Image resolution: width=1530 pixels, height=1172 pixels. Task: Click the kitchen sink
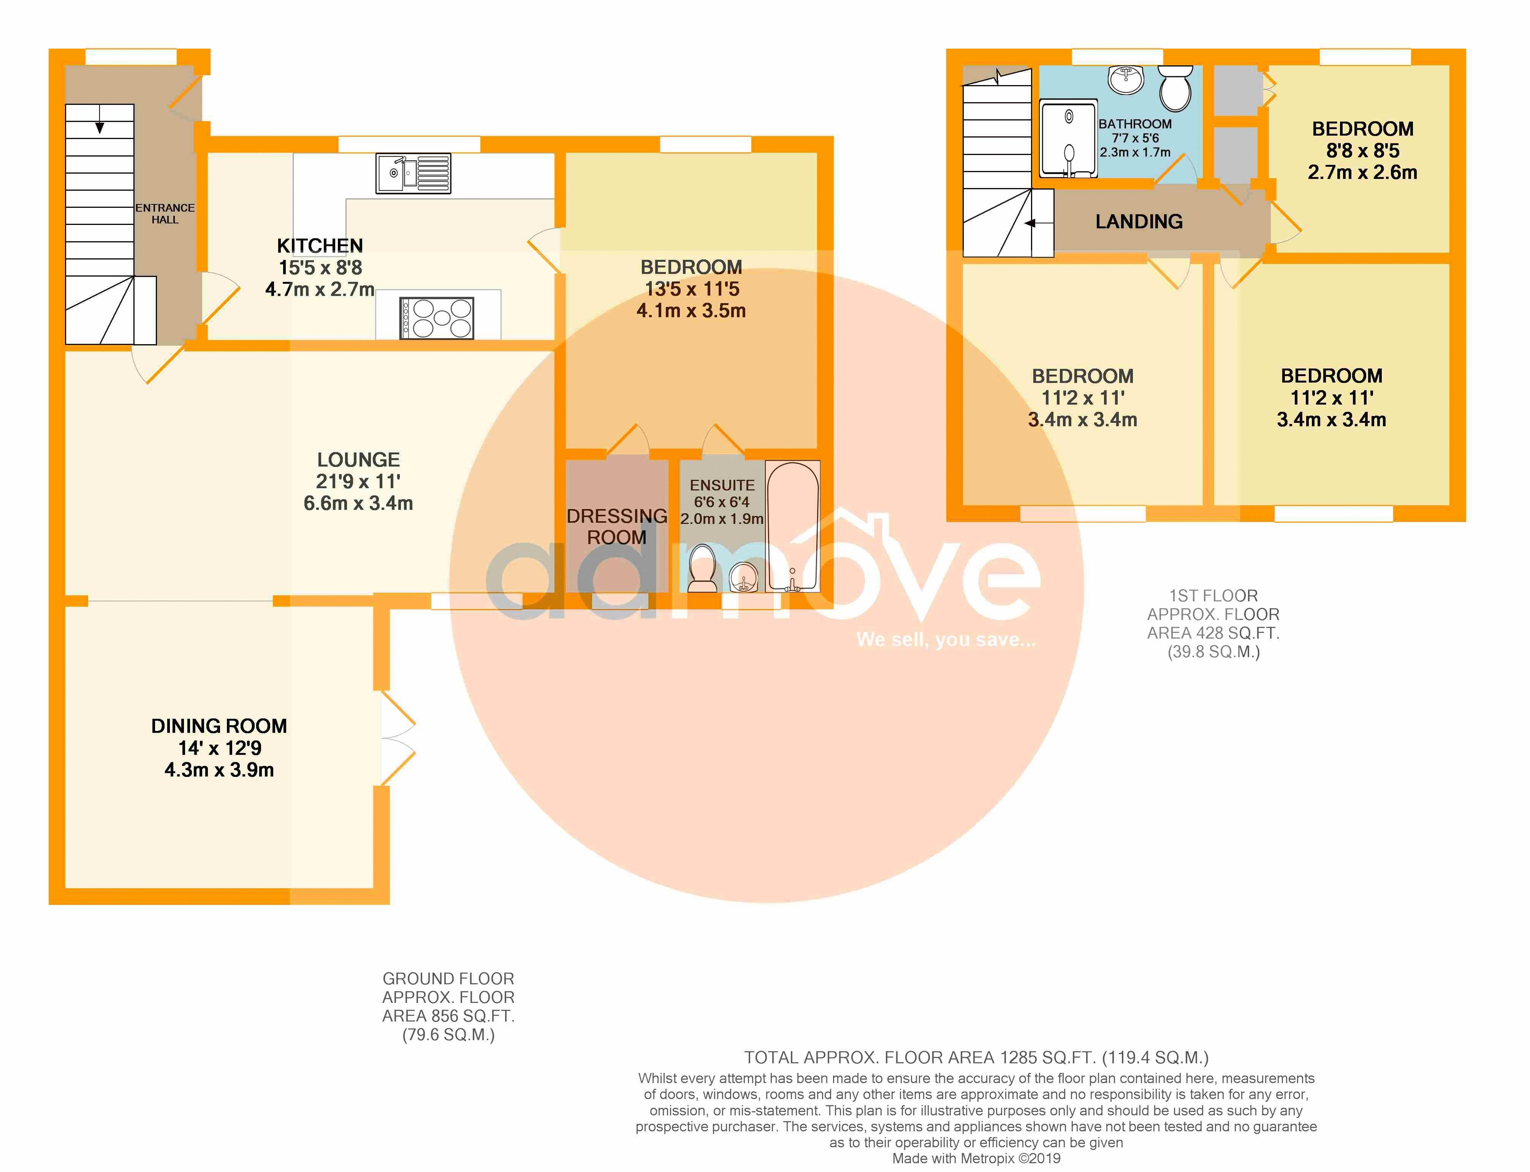tap(413, 173)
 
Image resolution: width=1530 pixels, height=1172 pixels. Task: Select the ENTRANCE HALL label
tap(165, 214)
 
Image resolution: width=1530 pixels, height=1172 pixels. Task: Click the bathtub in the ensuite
tap(793, 527)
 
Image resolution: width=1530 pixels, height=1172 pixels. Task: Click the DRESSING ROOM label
tap(617, 527)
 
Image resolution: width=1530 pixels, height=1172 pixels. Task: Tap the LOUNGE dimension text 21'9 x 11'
tap(359, 481)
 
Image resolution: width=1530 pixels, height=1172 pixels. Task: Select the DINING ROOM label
tap(219, 726)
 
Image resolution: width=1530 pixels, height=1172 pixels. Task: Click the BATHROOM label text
tap(1135, 124)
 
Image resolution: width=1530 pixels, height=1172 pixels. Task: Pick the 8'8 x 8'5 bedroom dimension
tap(1362, 151)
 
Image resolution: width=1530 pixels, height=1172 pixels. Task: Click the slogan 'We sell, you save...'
tap(946, 640)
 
